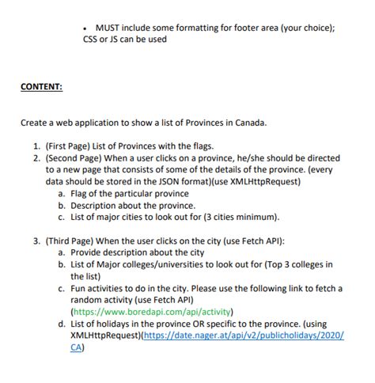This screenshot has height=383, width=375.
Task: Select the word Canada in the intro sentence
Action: click(x=248, y=123)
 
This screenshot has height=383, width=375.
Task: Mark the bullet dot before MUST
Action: click(x=85, y=28)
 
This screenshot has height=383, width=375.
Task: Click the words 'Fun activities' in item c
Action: click(x=99, y=288)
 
